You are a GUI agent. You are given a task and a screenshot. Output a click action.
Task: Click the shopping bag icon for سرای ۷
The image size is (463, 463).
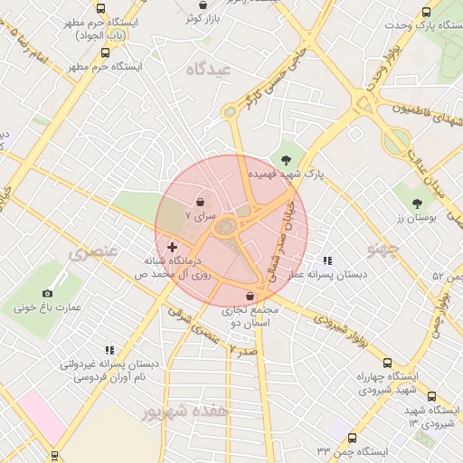tap(200, 202)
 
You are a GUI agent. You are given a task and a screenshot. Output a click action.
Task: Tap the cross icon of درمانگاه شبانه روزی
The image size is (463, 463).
tap(172, 247)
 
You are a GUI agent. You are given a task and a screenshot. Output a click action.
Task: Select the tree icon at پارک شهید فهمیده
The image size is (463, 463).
tap(287, 160)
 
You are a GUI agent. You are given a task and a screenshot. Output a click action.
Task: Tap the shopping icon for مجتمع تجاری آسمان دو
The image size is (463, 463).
tap(250, 296)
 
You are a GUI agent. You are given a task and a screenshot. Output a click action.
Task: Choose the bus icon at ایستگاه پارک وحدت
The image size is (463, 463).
tap(427, 12)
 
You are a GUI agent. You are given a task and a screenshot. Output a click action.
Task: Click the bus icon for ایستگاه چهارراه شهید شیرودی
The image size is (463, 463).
tap(388, 362)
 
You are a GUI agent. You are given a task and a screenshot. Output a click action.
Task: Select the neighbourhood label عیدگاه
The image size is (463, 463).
tap(209, 69)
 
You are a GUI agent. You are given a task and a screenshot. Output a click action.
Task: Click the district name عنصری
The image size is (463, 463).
tap(93, 252)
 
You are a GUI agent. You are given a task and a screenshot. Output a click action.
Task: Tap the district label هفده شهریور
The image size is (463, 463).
tap(186, 411)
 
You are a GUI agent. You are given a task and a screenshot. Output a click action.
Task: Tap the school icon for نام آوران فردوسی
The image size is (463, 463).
tap(109, 350)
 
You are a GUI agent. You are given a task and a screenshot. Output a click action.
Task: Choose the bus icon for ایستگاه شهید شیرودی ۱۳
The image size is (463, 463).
tap(430, 397)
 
